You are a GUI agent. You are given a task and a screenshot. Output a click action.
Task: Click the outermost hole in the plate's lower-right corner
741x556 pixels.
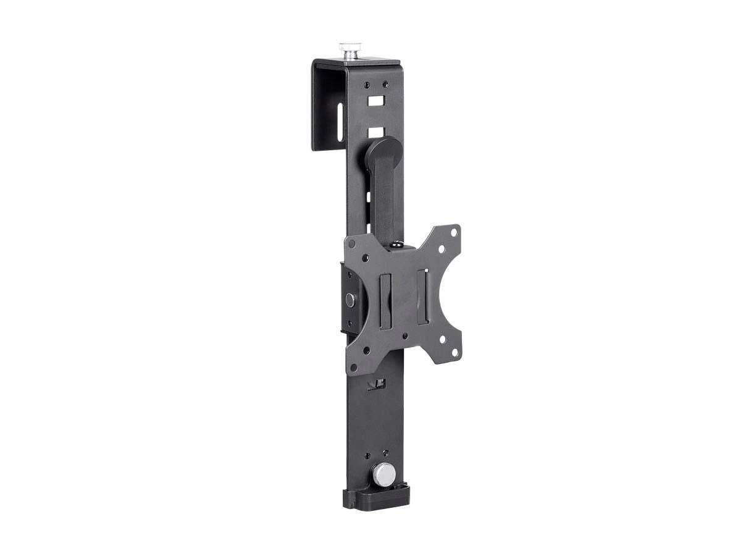[x=455, y=353]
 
